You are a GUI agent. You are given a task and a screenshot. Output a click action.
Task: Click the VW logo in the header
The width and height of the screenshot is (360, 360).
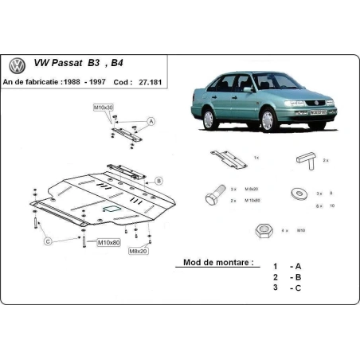(16, 65)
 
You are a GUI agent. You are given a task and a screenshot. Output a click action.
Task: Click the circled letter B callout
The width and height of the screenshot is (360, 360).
(158, 181)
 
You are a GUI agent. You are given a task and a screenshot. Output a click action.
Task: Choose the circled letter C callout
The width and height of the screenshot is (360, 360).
(48, 241)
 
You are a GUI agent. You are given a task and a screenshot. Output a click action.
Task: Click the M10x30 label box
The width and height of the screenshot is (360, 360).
(104, 107)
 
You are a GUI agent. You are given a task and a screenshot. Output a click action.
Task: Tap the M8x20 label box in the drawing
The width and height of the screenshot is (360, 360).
(139, 250)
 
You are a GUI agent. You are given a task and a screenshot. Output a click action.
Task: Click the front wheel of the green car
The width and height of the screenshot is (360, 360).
(267, 121)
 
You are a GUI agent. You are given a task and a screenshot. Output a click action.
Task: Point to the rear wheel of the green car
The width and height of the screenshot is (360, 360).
(209, 119)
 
